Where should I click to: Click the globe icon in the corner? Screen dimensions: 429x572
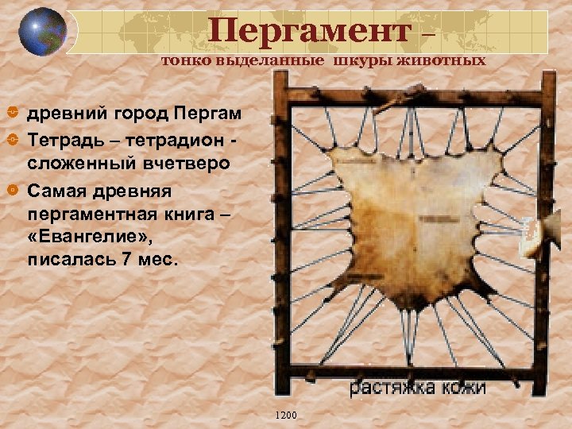point(42,32)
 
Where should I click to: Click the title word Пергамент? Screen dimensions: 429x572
point(311,32)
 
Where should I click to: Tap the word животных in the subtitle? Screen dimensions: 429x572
point(450,61)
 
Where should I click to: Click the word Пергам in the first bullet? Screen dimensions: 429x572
point(211,113)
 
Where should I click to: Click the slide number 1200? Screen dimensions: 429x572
point(285,415)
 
